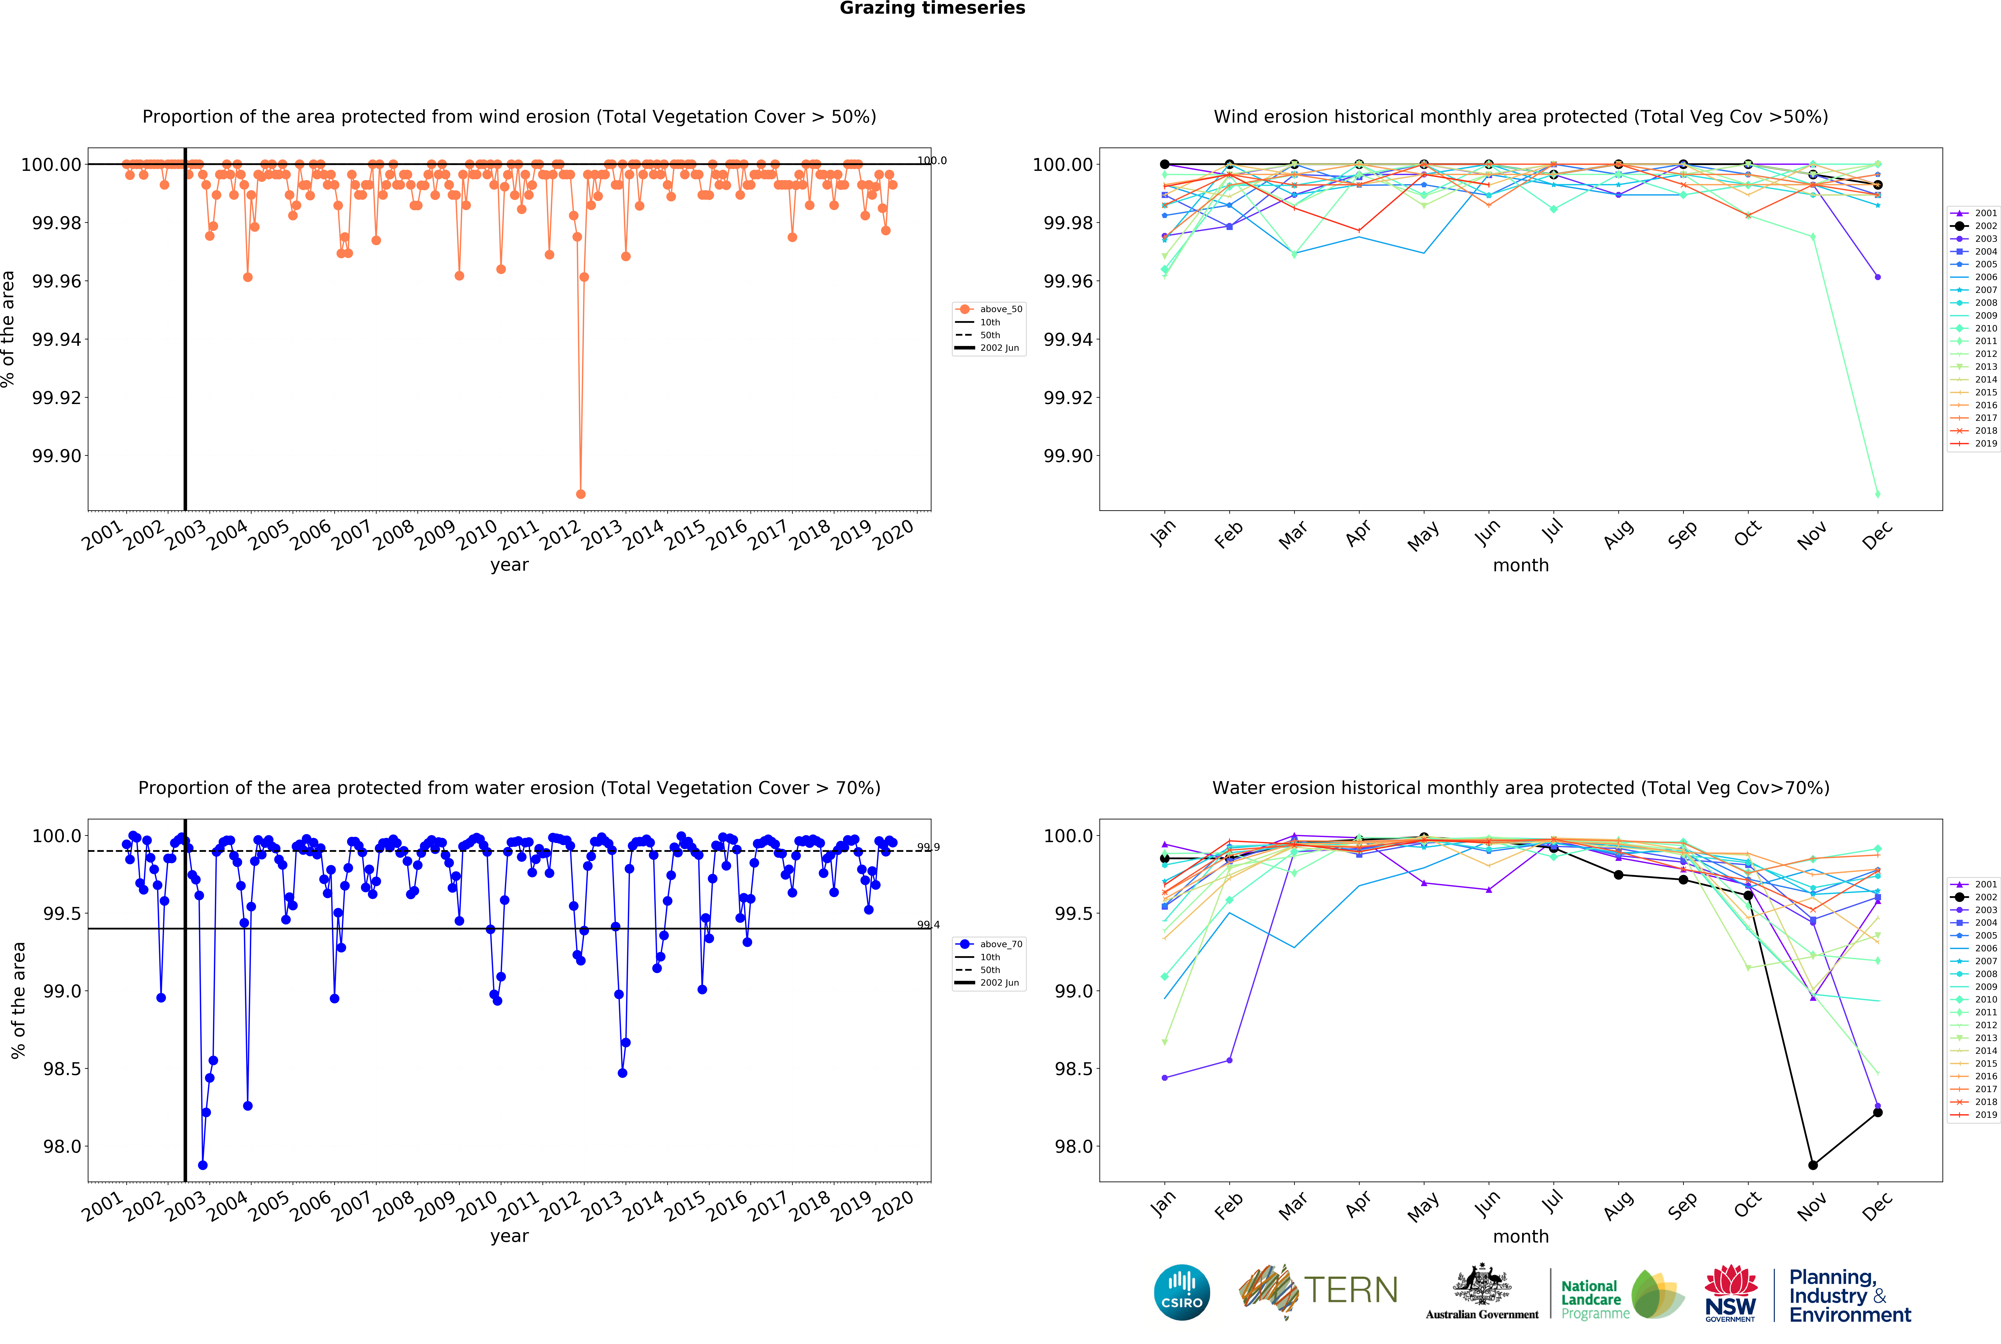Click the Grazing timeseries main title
pos(932,9)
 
